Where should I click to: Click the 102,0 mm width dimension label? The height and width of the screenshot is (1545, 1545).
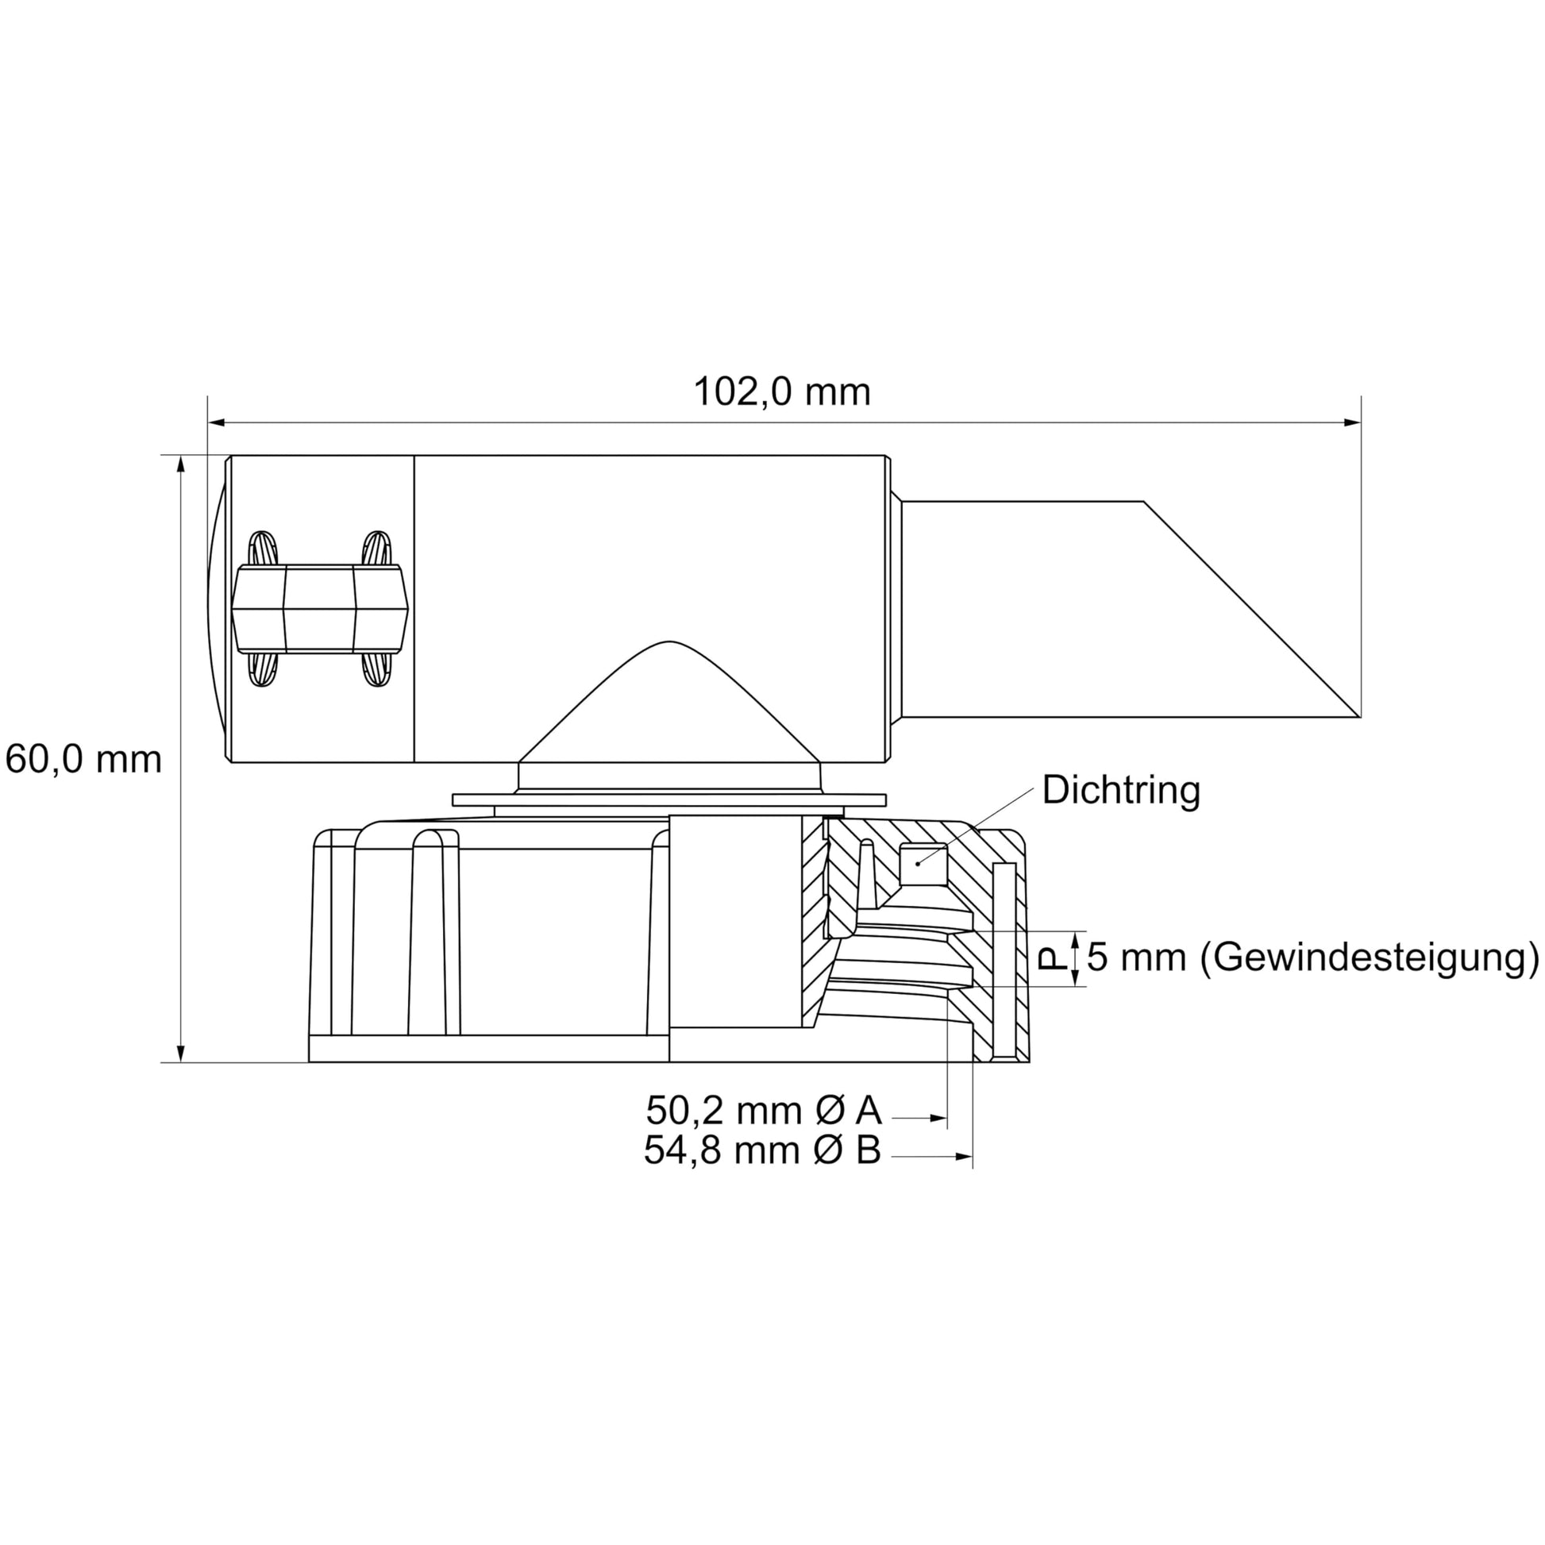781,392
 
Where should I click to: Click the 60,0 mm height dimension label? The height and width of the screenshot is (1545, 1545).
83,758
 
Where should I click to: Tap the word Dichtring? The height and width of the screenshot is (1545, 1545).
1121,790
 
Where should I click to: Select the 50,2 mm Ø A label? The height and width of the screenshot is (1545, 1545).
764,1110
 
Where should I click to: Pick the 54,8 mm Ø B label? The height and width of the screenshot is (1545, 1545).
763,1150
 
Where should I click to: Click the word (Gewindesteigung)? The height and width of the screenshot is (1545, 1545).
1370,957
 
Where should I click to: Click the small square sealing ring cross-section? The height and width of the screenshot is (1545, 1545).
923,865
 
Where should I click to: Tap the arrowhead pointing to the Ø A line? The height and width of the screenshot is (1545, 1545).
939,1118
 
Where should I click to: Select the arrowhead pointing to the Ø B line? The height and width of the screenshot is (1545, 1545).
965,1156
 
